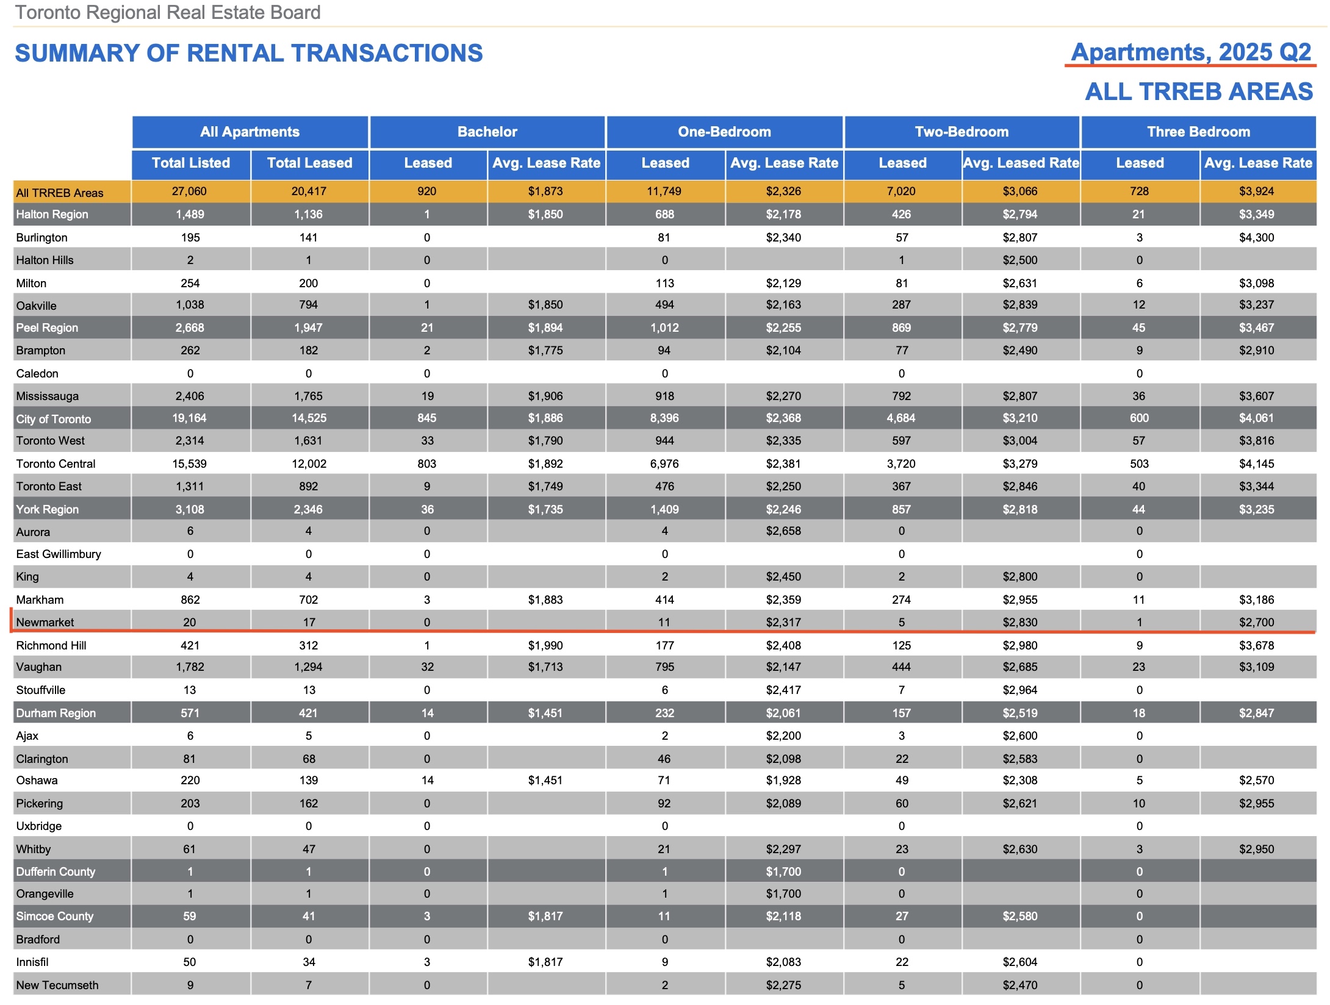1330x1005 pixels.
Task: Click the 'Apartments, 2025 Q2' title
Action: [1190, 52]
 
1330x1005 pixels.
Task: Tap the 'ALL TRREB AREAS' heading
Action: [1198, 92]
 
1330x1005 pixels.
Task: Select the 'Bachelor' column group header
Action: [487, 132]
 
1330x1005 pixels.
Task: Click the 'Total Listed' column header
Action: [190, 163]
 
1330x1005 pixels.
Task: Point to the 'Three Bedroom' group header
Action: [1198, 132]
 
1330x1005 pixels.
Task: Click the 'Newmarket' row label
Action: [45, 622]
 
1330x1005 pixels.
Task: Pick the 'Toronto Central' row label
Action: [56, 463]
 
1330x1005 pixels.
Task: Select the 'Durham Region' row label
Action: [56, 713]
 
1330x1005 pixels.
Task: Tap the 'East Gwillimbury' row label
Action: [59, 554]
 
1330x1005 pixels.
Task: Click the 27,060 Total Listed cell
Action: [189, 191]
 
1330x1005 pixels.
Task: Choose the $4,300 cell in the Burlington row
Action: [1256, 237]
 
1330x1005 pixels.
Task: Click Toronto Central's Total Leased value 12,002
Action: [309, 463]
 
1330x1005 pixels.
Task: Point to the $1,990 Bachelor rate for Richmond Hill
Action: [545, 645]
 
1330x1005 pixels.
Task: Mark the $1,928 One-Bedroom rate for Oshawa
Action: [783, 781]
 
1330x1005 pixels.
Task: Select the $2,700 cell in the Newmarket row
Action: [1256, 622]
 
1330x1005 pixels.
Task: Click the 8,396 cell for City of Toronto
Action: [664, 418]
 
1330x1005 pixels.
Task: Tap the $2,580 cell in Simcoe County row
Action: [1019, 916]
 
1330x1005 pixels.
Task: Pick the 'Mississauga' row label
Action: [47, 396]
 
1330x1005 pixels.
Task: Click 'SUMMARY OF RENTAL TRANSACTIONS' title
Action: [249, 54]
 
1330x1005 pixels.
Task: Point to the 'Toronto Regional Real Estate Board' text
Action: [168, 12]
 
